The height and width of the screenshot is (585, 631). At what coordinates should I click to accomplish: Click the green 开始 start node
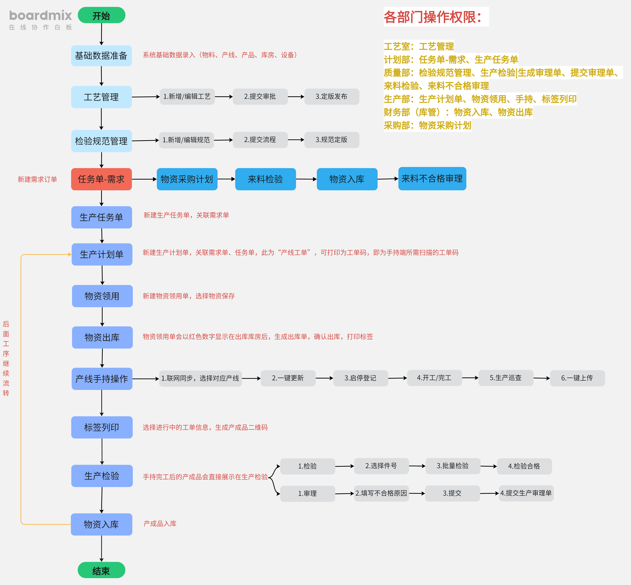(101, 15)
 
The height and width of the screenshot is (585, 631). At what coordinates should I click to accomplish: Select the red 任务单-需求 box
(101, 179)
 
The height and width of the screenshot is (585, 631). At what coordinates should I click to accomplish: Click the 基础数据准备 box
(101, 56)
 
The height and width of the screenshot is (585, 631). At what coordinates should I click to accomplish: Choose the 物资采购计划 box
(187, 179)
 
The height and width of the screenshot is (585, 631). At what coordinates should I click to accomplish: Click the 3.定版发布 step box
(331, 97)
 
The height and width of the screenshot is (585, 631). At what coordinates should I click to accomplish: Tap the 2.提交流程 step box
(260, 140)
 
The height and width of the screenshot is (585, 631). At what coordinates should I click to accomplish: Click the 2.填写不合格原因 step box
(381, 493)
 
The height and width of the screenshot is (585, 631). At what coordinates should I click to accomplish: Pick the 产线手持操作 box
(102, 379)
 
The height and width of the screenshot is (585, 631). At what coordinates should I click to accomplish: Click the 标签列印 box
(102, 427)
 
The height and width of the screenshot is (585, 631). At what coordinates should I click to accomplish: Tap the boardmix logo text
(40, 15)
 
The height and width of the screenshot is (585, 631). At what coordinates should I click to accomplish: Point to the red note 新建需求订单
(37, 180)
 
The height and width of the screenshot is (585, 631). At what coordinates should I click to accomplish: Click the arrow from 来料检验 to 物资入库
(306, 179)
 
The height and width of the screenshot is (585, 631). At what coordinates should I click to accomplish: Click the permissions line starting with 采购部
(427, 125)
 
